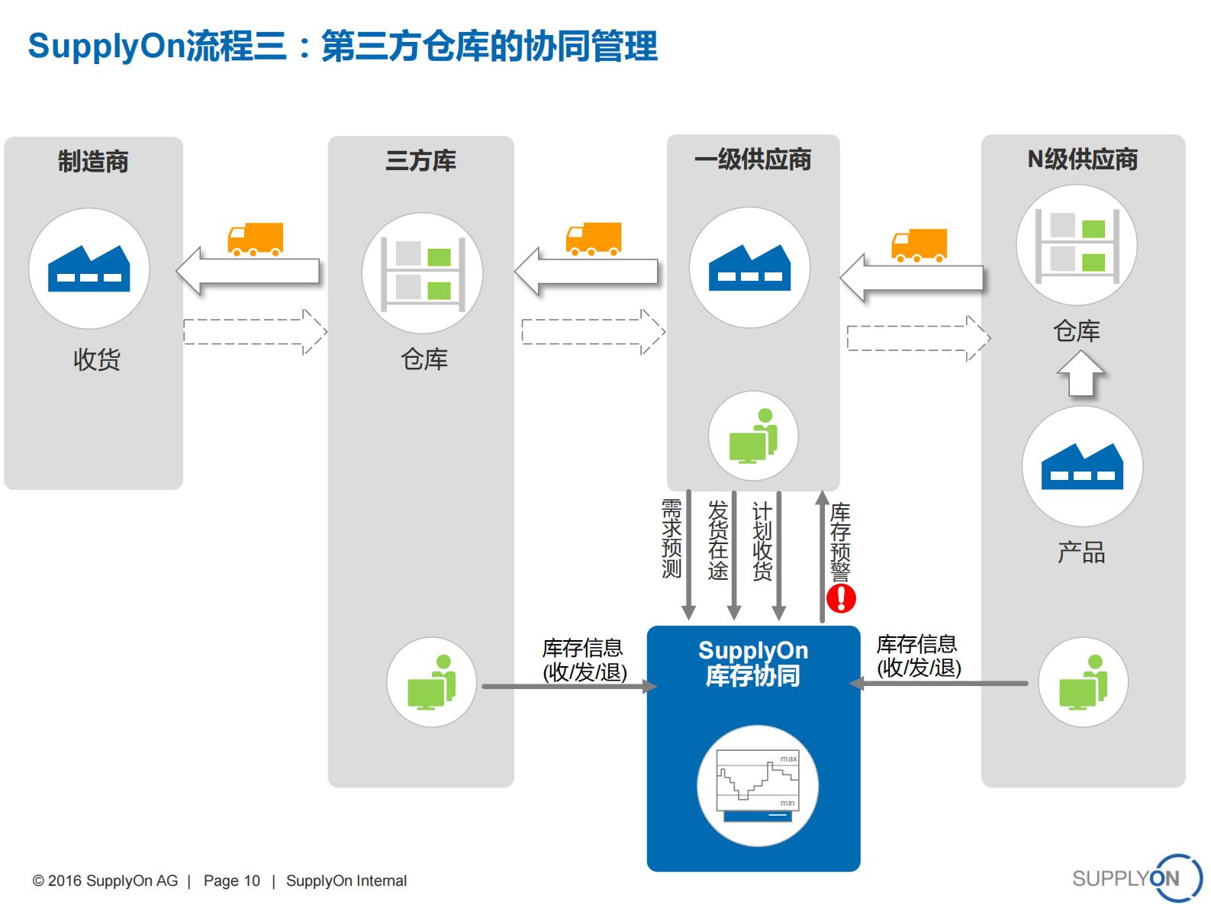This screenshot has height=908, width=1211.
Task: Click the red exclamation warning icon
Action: (x=841, y=598)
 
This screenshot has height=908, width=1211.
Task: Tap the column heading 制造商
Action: (x=93, y=162)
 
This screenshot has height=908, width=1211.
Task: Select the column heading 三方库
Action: (x=420, y=161)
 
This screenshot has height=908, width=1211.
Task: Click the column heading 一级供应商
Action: (x=752, y=159)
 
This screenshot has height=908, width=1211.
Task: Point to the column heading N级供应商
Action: (x=1082, y=159)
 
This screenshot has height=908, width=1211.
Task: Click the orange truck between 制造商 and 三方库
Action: (x=256, y=240)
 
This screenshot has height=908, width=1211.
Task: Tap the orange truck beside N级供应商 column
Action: (x=919, y=246)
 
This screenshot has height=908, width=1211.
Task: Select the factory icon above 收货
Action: (x=89, y=269)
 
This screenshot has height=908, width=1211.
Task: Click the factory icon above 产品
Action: (x=1082, y=466)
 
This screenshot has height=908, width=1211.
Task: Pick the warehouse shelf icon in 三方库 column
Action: (x=422, y=273)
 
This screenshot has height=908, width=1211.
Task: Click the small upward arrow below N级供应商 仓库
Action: (x=1081, y=373)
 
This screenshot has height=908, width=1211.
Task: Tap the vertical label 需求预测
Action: (x=672, y=539)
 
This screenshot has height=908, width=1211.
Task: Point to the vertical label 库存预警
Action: (x=840, y=542)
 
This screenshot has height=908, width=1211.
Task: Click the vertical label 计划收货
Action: (x=762, y=540)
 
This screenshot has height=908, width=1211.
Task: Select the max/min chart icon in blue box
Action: (x=757, y=785)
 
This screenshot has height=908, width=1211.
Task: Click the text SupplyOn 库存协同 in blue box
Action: (x=753, y=662)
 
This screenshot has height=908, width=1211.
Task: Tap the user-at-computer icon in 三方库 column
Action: (x=431, y=682)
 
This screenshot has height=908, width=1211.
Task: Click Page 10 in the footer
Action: (x=231, y=881)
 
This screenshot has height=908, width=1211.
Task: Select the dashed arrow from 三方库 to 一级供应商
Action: (x=593, y=332)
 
